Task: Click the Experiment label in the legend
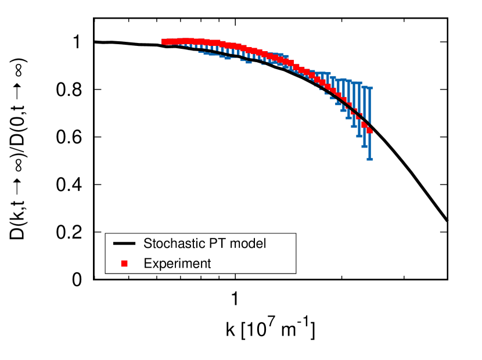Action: (177, 264)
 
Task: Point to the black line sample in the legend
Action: (124, 243)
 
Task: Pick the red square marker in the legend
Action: (124, 264)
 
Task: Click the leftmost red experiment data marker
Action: (164, 42)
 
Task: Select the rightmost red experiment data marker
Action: (369, 131)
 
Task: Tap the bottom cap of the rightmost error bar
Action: (369, 159)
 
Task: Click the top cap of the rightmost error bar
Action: (369, 88)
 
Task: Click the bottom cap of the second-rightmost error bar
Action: (364, 147)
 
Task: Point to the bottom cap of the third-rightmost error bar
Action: (359, 136)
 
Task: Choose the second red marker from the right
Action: (364, 124)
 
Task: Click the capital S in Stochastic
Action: (148, 243)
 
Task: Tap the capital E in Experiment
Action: (148, 264)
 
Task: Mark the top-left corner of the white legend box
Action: (106, 234)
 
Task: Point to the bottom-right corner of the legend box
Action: (296, 273)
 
